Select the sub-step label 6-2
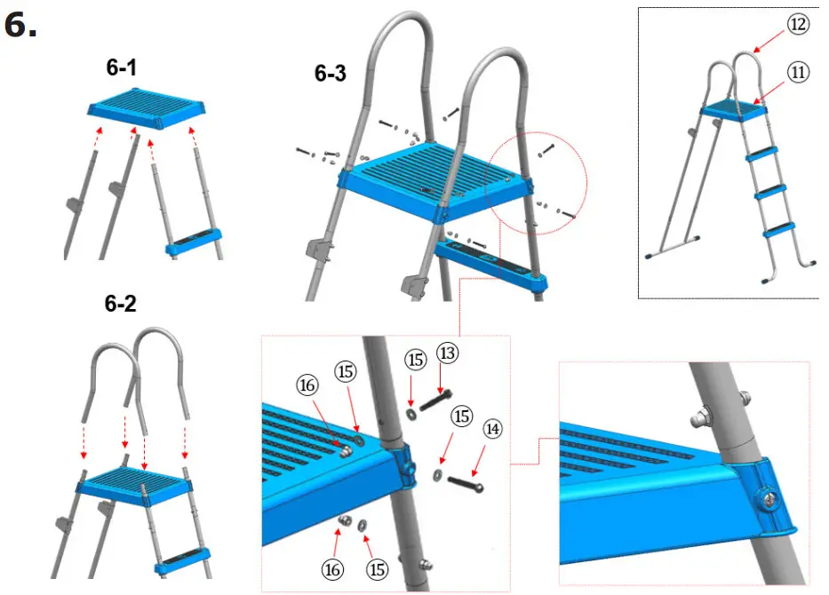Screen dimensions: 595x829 coord(121,305)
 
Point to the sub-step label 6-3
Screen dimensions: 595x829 coord(331,75)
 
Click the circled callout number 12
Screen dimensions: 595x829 coord(798,25)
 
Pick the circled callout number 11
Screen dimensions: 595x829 coord(798,73)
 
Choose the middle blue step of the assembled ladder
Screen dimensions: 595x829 coord(769,192)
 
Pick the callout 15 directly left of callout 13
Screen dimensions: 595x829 coord(414,361)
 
